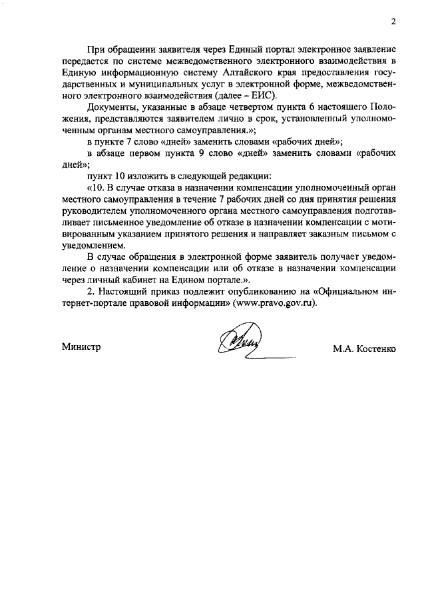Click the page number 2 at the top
(x=393, y=21)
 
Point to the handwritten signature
(x=238, y=343)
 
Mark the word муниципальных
(x=142, y=84)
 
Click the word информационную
(x=132, y=72)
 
